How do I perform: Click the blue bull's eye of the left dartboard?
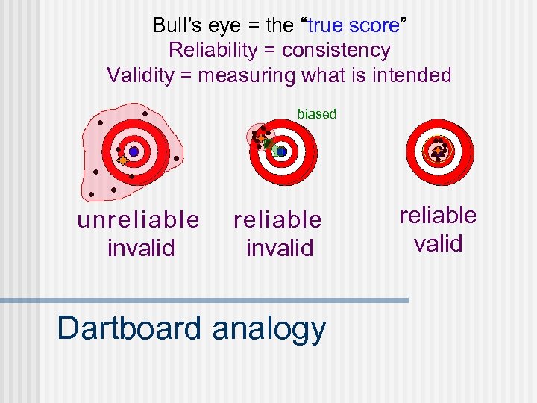click(134, 151)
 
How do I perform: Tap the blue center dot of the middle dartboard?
click(281, 151)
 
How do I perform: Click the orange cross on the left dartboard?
click(122, 160)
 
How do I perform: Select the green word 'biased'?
click(317, 114)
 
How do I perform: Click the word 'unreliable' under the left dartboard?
click(138, 220)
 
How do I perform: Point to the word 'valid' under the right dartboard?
click(439, 243)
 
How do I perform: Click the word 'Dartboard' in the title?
click(129, 328)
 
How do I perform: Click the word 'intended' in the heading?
click(416, 75)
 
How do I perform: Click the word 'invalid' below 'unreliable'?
click(140, 247)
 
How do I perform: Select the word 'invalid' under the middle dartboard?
click(279, 247)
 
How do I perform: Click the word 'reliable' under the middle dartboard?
click(277, 220)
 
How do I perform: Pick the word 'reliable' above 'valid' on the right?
click(438, 216)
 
